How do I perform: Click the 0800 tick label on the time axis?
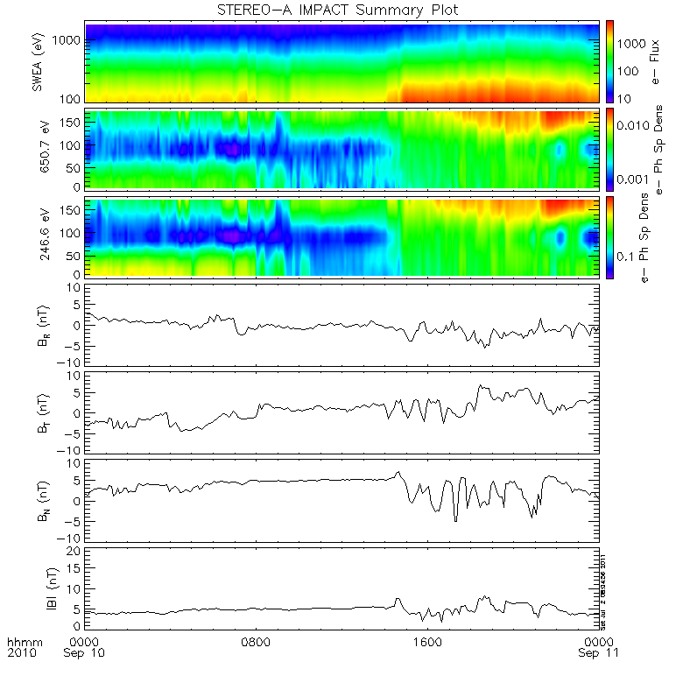[x=257, y=642]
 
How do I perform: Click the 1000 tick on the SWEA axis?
[x=68, y=40]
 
